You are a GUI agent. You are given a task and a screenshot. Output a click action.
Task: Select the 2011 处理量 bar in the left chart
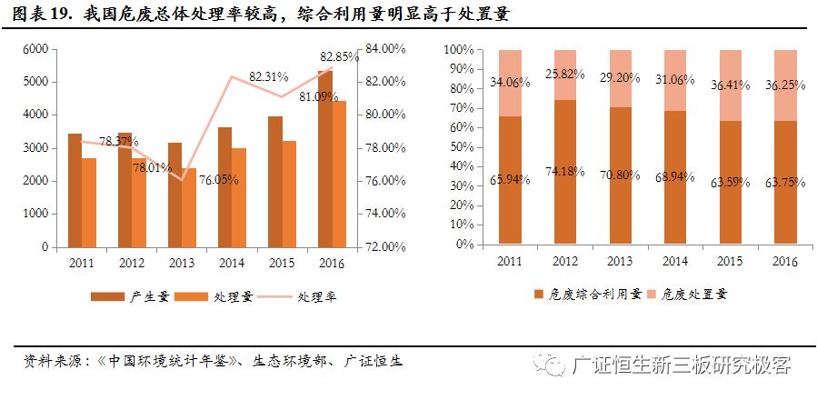click(x=89, y=202)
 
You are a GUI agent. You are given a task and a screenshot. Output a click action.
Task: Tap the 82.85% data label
click(x=340, y=57)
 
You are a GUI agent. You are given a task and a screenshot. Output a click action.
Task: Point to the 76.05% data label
click(x=219, y=180)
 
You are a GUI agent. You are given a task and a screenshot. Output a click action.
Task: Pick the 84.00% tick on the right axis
click(x=382, y=49)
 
